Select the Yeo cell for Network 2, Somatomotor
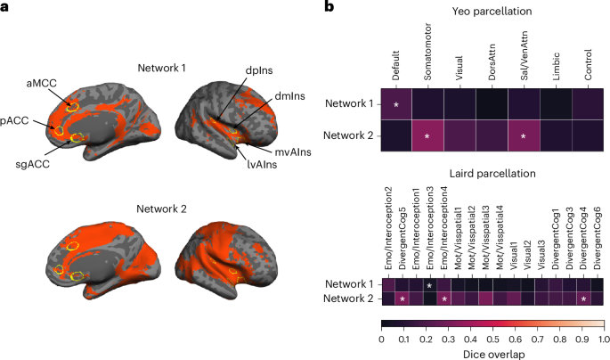[x=428, y=136]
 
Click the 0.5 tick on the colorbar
[x=492, y=340]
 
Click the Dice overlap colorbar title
[x=492, y=353]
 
